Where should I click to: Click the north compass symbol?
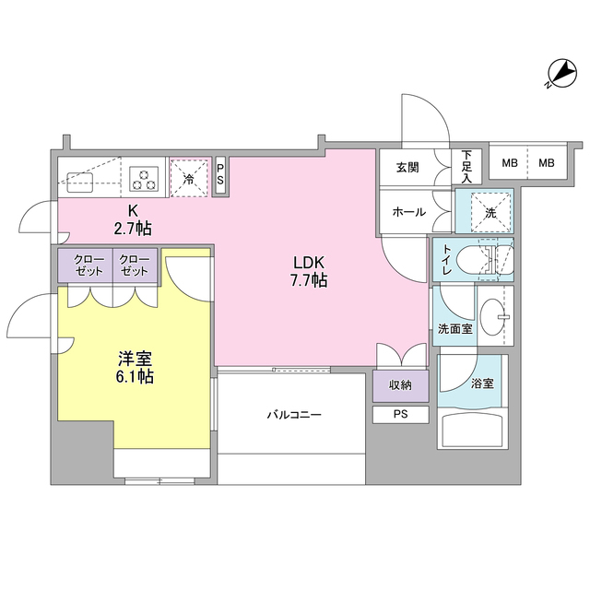(x=559, y=72)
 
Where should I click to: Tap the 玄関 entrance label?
(x=407, y=167)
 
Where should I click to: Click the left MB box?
(x=509, y=163)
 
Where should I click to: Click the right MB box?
(x=547, y=163)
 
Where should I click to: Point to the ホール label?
(x=408, y=212)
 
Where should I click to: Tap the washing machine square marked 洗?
(x=490, y=211)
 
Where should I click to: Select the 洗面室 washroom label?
(x=454, y=328)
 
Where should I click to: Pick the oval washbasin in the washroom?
(x=494, y=313)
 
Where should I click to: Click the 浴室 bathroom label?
(x=482, y=383)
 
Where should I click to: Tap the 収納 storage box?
(x=401, y=385)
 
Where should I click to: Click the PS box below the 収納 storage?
(x=401, y=414)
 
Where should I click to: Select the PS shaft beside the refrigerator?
(x=220, y=174)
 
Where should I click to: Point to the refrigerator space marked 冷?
(x=189, y=176)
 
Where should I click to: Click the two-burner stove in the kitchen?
(x=145, y=175)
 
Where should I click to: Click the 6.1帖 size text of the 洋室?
(x=135, y=376)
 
